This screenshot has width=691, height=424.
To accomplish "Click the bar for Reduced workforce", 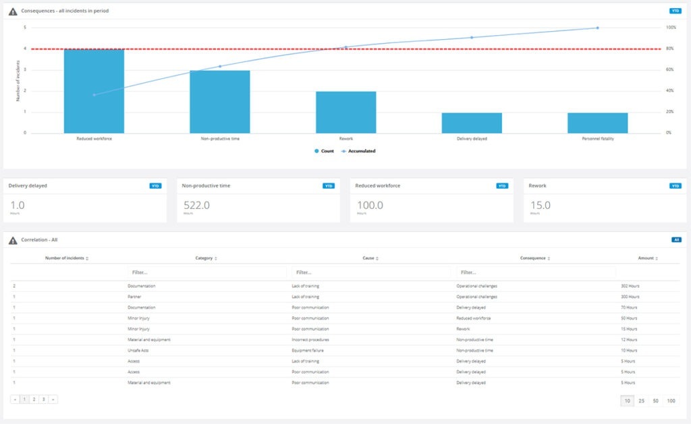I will pos(94,91).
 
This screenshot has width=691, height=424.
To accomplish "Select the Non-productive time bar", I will pos(219,102).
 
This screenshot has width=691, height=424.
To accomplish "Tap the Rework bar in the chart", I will pos(345,112).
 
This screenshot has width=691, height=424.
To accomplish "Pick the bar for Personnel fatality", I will pos(598,123).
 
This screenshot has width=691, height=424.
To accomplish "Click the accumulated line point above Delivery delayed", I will pos(472,37).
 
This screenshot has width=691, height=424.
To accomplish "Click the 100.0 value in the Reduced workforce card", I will pos(370,205).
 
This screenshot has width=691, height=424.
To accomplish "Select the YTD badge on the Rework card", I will pos(675,185).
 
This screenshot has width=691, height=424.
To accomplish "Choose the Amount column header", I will pos(646,258).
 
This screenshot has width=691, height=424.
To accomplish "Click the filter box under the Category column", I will pos(206,272).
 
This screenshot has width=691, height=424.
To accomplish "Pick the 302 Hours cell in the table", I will pos(630,286).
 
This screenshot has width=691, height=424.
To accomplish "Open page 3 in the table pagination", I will pos(44,399).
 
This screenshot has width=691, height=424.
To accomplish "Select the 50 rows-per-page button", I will pos(656,400).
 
